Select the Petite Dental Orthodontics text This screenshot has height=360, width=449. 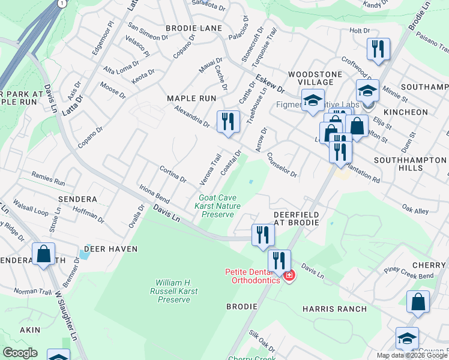point(252,276)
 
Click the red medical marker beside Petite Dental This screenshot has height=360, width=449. point(289,276)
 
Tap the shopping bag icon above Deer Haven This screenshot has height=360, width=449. point(44,254)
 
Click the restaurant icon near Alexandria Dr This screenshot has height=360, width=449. point(228,122)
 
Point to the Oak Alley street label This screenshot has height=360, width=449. point(415,211)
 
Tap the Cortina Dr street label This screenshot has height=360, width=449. point(173,176)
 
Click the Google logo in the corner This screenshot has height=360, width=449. point(20,353)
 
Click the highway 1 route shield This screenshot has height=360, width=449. point(61,3)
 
